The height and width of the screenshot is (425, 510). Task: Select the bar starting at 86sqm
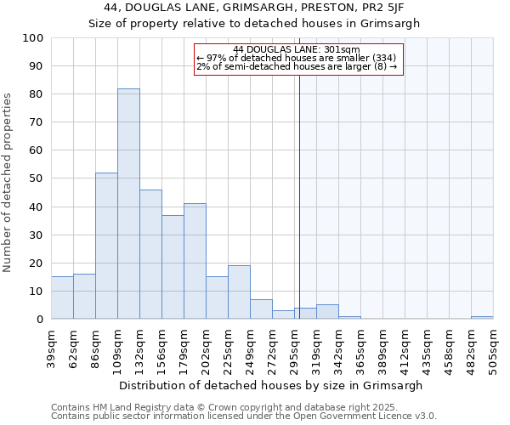(106, 246)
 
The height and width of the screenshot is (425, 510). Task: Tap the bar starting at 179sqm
(195, 261)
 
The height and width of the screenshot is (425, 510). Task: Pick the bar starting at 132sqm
(150, 254)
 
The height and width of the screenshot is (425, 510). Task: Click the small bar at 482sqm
(482, 317)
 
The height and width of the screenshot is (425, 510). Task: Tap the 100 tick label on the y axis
(33, 38)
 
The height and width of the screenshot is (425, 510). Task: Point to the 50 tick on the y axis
(37, 178)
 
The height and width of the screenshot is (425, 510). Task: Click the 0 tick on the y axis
(40, 320)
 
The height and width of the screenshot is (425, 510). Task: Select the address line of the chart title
(255, 8)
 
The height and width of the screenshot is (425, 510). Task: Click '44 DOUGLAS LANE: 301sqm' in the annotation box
(297, 50)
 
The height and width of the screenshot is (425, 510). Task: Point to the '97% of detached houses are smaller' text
(297, 58)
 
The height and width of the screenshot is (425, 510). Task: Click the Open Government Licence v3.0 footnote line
(244, 416)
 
